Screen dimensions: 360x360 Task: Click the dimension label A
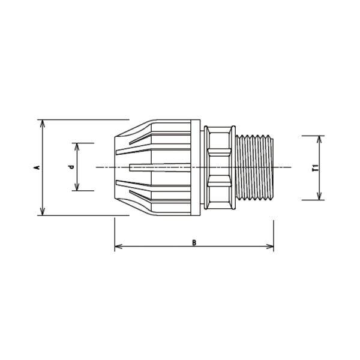pos(37,167)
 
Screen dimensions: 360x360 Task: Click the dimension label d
pos(72,167)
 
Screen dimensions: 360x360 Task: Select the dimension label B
pos(194,242)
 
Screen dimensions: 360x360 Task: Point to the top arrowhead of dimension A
pos(42,123)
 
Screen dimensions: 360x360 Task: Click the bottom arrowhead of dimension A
pos(42,212)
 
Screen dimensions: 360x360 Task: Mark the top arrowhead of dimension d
pos(77,146)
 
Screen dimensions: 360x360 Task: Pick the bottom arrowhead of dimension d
pos(77,187)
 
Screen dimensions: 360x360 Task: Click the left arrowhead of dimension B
pos(118,247)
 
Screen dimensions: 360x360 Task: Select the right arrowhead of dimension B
pos(270,247)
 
